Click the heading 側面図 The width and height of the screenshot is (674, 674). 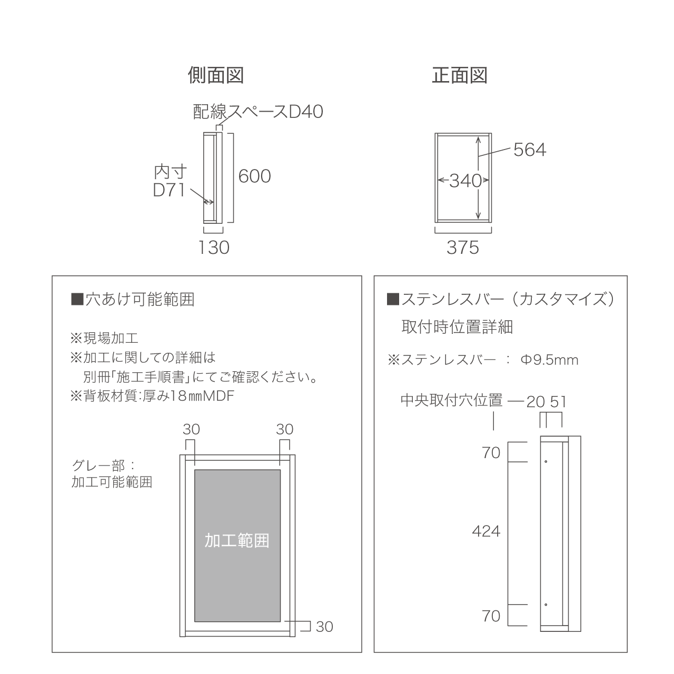215,76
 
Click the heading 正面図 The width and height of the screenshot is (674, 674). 459,76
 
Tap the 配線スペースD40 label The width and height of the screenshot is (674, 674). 258,112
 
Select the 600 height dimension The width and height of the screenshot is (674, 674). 254,176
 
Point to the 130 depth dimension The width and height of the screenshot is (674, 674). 214,247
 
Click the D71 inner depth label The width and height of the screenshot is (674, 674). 169,190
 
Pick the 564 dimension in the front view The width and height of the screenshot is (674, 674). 530,151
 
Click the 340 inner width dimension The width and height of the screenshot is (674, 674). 465,181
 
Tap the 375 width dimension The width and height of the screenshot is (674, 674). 463,247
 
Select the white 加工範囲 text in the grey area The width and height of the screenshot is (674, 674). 237,540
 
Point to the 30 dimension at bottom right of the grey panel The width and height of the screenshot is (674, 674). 324,627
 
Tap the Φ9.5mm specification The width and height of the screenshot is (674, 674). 549,360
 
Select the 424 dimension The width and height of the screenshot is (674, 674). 485,531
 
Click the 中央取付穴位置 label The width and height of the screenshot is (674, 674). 451,401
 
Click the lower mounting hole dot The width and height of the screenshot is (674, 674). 546,604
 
